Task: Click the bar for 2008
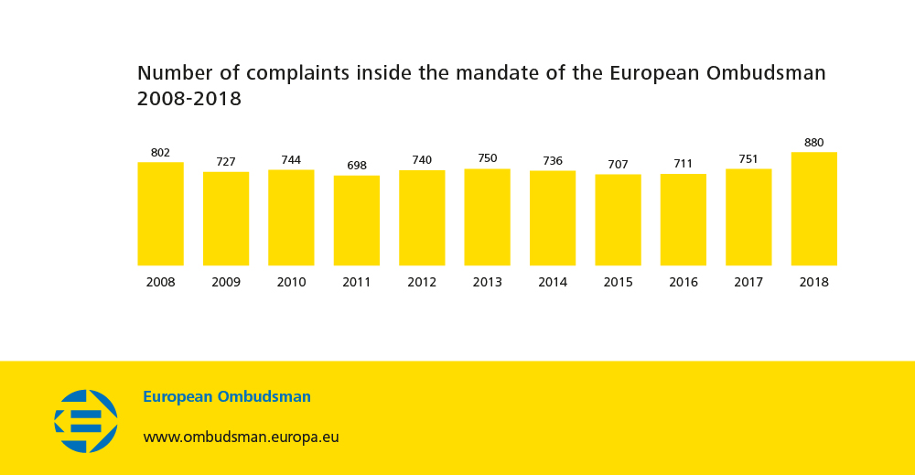[160, 214]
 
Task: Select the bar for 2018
[813, 209]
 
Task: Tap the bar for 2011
[357, 221]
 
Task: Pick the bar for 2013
[487, 217]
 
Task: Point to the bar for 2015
[618, 220]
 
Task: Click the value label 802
[160, 153]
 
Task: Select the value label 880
[813, 143]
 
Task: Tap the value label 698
[357, 166]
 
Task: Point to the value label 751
[748, 159]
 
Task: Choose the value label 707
[618, 165]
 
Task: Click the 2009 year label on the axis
[226, 282]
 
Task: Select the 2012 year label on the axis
[422, 282]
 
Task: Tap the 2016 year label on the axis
[684, 282]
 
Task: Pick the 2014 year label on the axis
[553, 282]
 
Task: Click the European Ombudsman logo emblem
[86, 421]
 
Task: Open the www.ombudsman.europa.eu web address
[241, 437]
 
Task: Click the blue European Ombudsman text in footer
[227, 397]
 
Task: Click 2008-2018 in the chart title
[189, 99]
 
